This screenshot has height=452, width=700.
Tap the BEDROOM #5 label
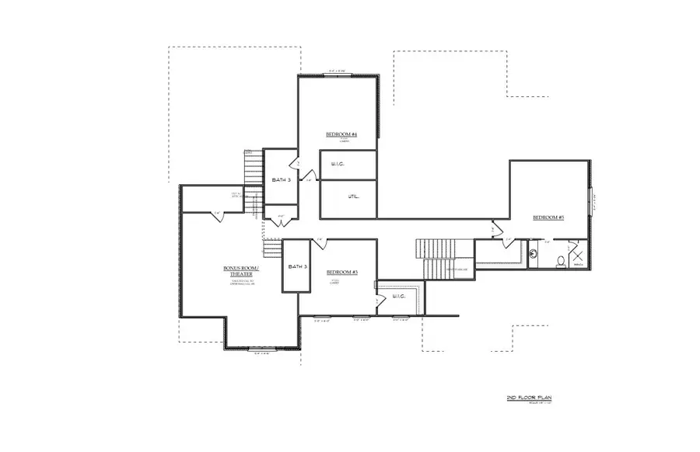(548, 218)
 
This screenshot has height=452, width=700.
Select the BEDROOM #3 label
(341, 272)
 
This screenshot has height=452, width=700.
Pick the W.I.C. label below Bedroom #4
(338, 164)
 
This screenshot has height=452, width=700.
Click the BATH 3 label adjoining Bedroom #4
(281, 180)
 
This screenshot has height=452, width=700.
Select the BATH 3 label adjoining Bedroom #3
(297, 266)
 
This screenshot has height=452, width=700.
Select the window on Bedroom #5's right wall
(590, 205)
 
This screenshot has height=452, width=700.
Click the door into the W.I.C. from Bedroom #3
(378, 300)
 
